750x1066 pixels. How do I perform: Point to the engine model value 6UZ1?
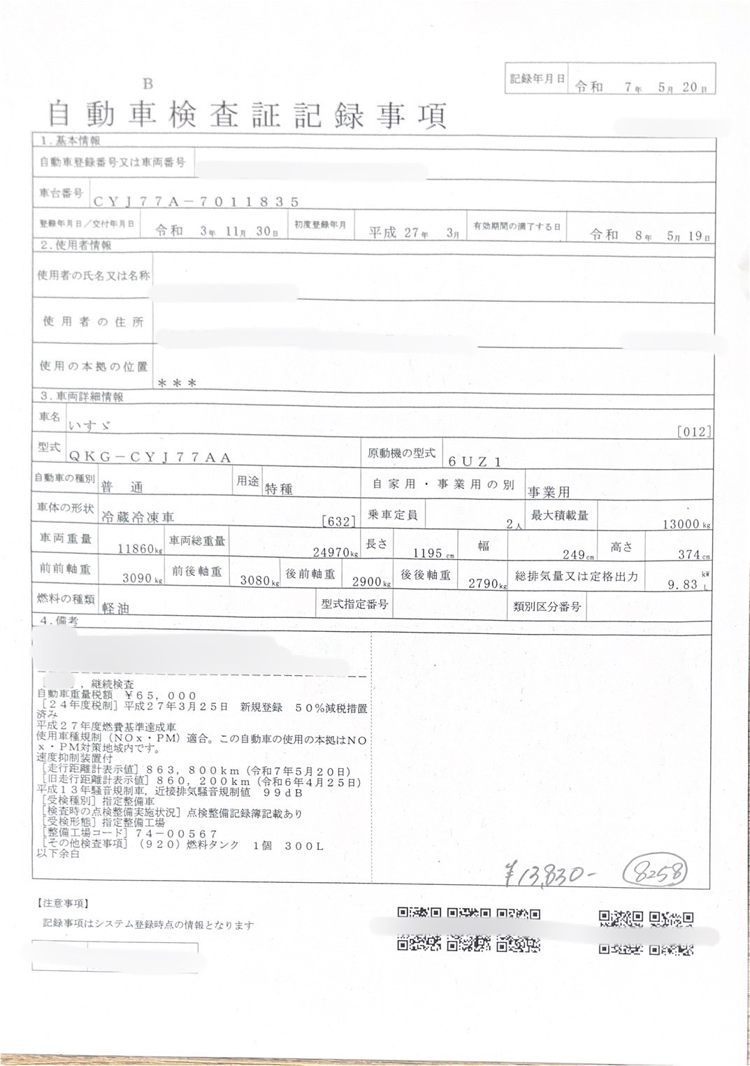click(475, 461)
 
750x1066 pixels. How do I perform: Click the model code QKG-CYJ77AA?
click(150, 456)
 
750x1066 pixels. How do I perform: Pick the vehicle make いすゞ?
click(89, 425)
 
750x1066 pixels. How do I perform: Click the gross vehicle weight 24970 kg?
click(333, 552)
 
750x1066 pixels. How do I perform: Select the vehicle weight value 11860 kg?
click(137, 549)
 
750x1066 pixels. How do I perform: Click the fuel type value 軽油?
click(116, 608)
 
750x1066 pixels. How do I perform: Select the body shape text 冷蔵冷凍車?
click(138, 517)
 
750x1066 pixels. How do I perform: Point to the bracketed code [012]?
click(694, 432)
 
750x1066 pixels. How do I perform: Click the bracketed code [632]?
click(339, 521)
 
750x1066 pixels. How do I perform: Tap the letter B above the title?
click(147, 85)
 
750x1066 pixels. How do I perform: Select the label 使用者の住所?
click(93, 322)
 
